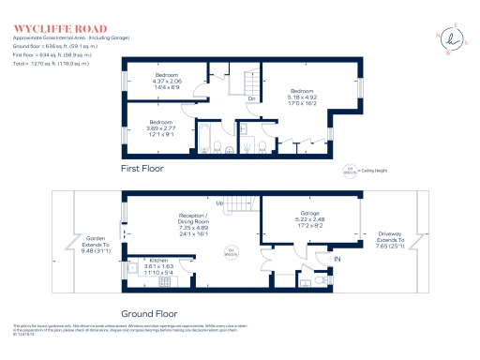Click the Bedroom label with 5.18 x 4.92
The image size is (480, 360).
pos(303,90)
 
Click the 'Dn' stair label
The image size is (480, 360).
pos(251,97)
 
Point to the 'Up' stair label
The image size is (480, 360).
pos(220,203)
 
